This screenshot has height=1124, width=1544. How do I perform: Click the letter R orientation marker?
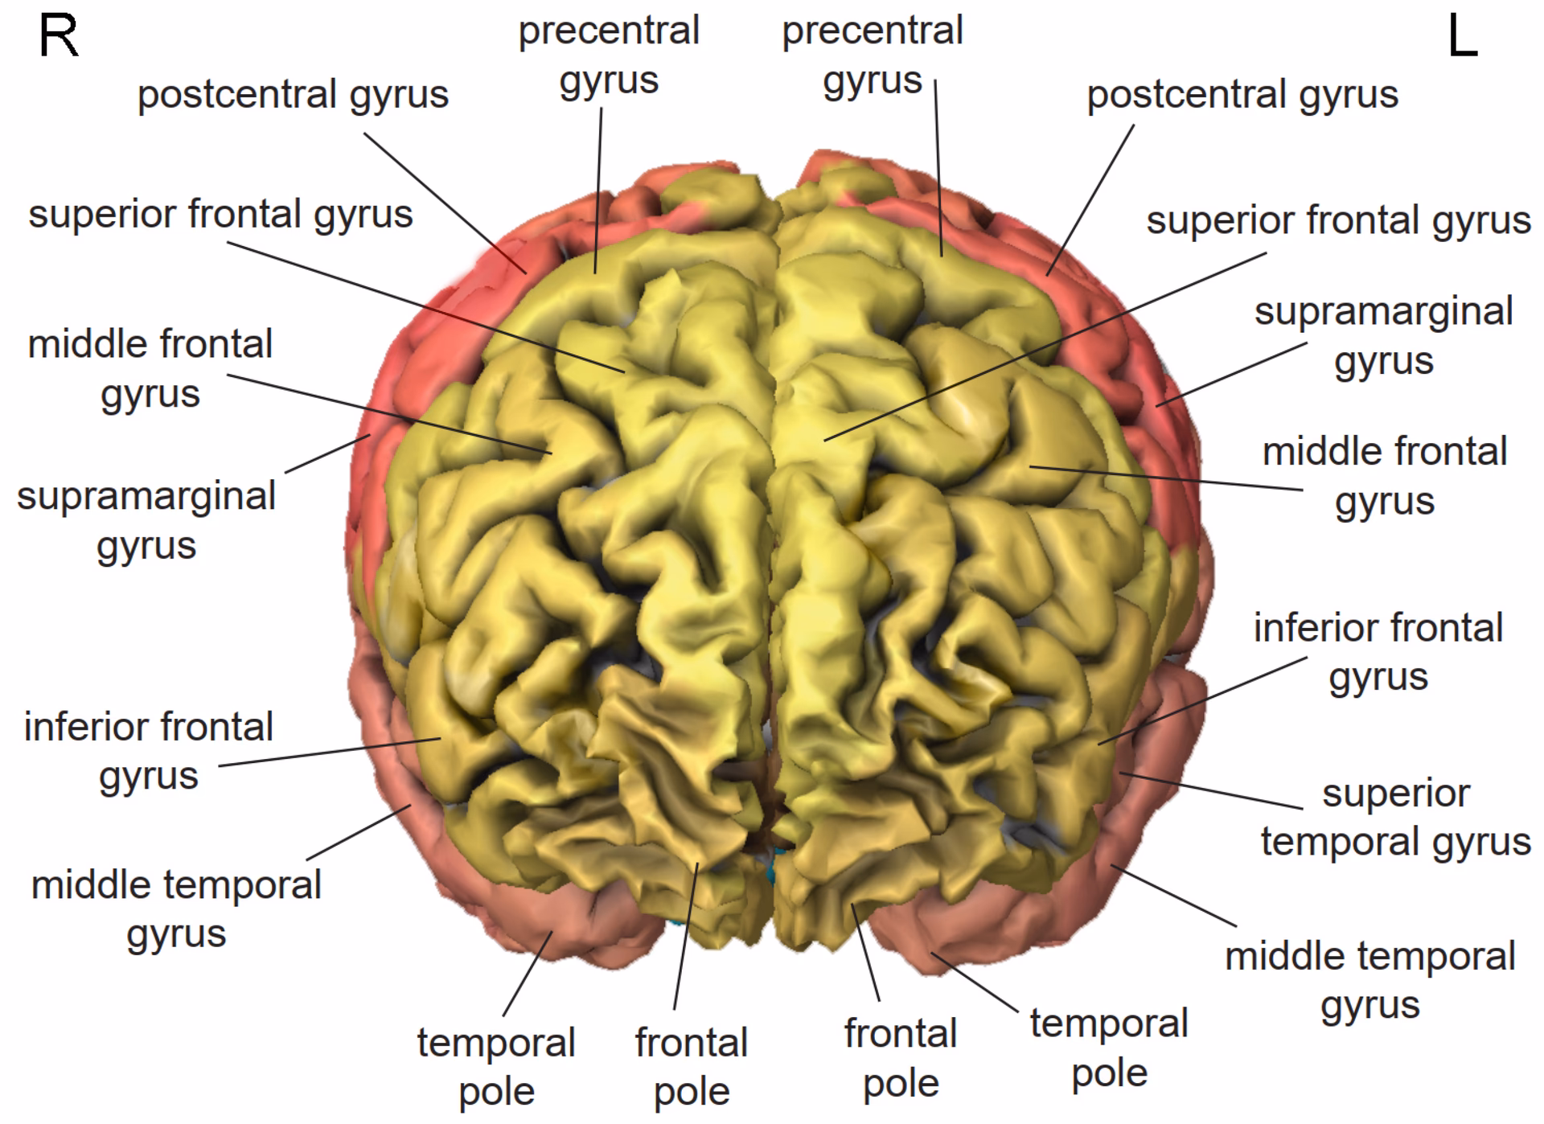[x=59, y=37]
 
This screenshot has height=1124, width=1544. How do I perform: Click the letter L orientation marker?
[x=1463, y=37]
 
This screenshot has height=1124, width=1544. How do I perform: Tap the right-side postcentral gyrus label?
[x=293, y=95]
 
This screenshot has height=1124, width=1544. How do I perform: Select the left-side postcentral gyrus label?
[x=1242, y=95]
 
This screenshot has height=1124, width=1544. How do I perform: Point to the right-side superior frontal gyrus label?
[x=220, y=215]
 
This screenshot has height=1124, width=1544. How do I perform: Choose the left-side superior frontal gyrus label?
[x=1338, y=220]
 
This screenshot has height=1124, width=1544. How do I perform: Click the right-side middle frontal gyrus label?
[x=150, y=368]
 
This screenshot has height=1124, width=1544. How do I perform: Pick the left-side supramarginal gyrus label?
[x=1383, y=336]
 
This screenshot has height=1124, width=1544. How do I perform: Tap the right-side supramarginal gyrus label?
[x=146, y=520]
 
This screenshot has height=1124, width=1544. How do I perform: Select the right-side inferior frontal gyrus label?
[x=149, y=751]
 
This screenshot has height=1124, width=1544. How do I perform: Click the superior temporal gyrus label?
[x=1395, y=817]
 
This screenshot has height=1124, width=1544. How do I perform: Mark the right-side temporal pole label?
[x=496, y=1067]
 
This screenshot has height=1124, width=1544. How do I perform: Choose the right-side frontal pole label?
[x=691, y=1067]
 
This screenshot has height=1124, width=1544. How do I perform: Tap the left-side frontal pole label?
[x=900, y=1057]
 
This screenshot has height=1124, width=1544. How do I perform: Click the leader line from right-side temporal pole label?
[x=527, y=974]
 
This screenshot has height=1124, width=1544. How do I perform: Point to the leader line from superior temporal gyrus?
[x=1210, y=790]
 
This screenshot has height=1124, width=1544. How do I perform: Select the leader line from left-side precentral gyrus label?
[x=938, y=169]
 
